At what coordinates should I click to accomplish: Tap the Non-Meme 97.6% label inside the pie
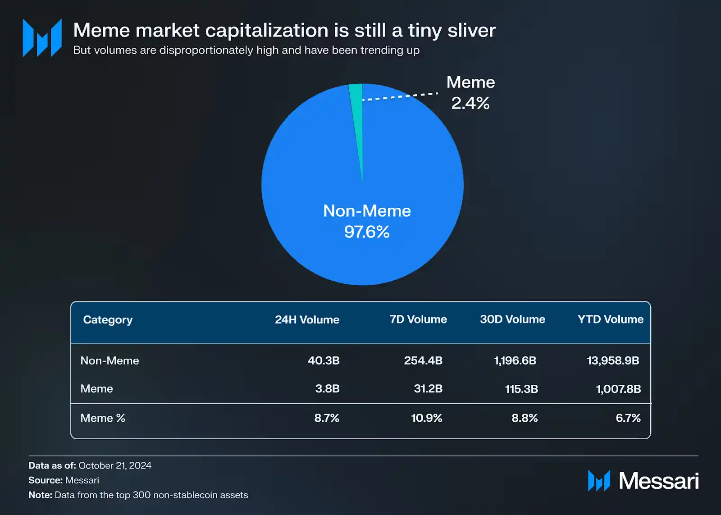[367, 221]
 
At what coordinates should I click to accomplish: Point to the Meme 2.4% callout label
[470, 92]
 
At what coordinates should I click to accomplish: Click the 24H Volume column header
[307, 319]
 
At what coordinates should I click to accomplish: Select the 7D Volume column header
[418, 319]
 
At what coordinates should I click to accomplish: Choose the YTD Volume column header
[610, 319]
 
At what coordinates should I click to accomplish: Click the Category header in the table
[108, 320]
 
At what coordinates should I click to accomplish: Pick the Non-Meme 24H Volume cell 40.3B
[324, 360]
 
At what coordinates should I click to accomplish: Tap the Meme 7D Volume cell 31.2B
[428, 388]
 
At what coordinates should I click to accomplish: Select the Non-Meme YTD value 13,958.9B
[613, 360]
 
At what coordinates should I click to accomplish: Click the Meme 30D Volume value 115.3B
[521, 389]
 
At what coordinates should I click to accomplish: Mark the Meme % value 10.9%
[427, 418]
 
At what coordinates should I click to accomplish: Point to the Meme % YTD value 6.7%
[628, 418]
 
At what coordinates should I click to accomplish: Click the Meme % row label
[103, 418]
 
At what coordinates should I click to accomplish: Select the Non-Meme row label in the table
[110, 360]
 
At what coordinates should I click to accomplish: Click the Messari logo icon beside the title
[42, 38]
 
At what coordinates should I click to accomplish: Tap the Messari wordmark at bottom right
[658, 481]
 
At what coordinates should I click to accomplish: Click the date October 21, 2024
[115, 465]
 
